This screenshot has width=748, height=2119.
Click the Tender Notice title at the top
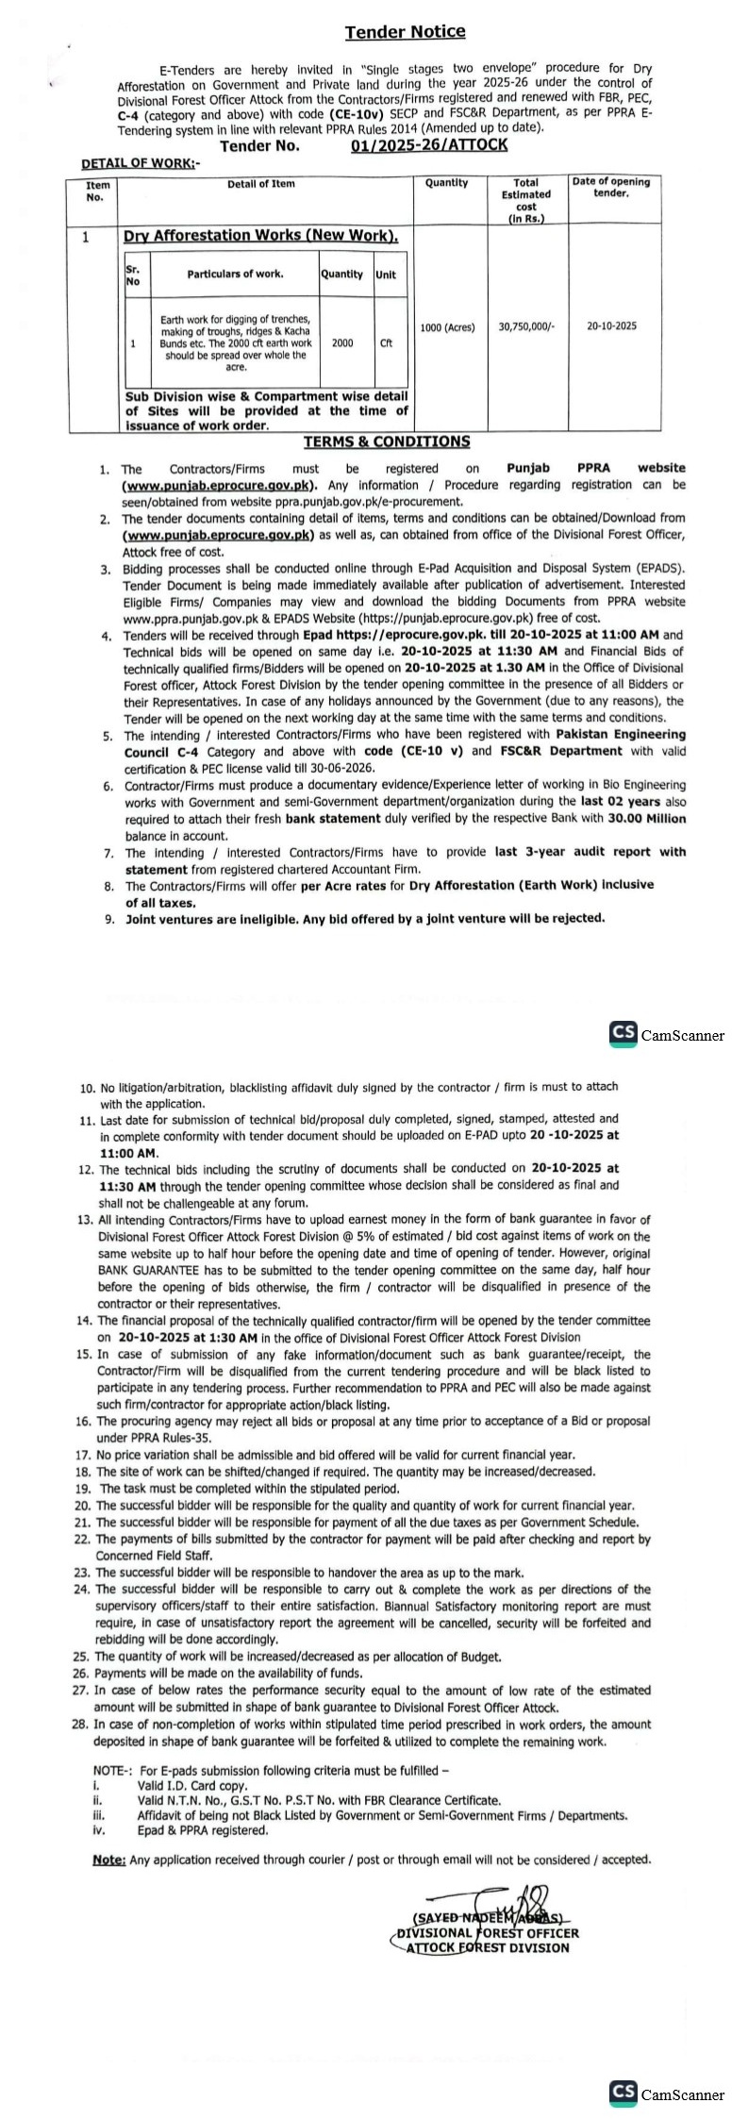[x=405, y=32]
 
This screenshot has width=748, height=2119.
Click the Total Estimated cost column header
[x=525, y=200]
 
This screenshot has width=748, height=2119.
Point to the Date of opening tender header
[x=610, y=188]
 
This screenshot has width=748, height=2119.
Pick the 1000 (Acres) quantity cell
[x=449, y=325]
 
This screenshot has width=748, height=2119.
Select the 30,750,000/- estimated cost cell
[x=526, y=325]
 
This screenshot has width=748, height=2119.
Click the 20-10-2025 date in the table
[x=611, y=325]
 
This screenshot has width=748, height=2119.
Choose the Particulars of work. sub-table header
[x=235, y=275]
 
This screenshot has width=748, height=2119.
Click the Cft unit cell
[x=386, y=343]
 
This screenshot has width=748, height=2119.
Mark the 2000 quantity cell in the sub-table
[x=342, y=343]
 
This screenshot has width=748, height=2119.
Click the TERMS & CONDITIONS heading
[x=386, y=442]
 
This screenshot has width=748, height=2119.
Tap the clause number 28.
[x=85, y=1724]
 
